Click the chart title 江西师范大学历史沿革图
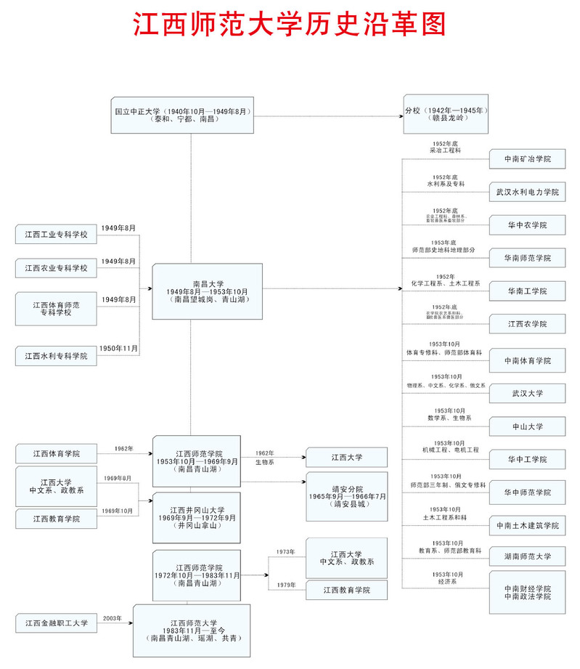(290, 24)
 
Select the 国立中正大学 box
(182, 114)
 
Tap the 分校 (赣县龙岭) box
(446, 114)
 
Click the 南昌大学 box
(208, 291)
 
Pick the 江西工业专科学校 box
(56, 235)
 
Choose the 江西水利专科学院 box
(56, 356)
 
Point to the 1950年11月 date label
(118, 349)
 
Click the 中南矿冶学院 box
(527, 158)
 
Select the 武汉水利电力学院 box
(527, 192)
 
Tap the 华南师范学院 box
(527, 258)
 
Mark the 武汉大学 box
(527, 393)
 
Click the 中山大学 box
(527, 426)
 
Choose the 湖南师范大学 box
(527, 557)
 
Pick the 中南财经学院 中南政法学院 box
(527, 592)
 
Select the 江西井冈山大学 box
(197, 517)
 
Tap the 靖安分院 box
(347, 496)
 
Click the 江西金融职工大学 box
(56, 623)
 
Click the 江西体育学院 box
(56, 454)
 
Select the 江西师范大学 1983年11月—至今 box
(191, 630)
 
